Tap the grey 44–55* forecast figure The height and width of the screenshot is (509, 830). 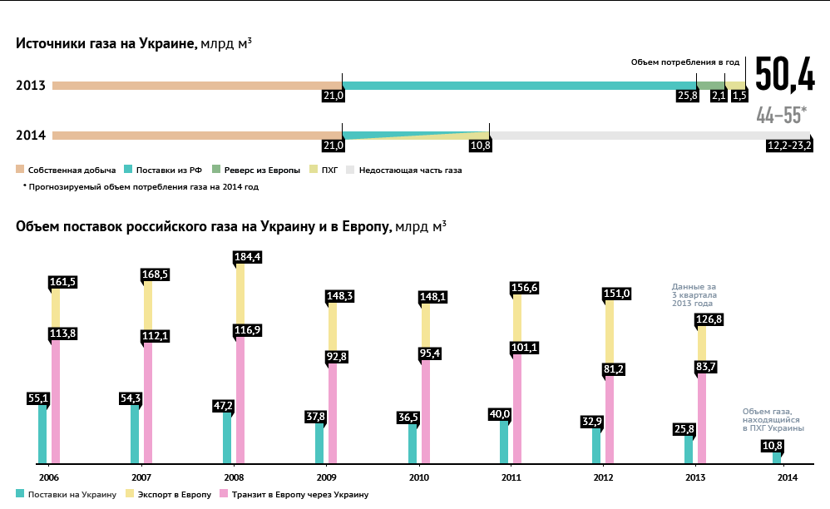[x=781, y=116]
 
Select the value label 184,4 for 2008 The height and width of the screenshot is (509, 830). [x=249, y=257]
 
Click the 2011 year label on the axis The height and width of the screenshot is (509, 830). [x=511, y=477]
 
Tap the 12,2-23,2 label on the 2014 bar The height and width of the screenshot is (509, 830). [x=789, y=146]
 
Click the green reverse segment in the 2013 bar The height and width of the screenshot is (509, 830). [x=711, y=85]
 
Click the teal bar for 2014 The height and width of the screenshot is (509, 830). [x=777, y=457]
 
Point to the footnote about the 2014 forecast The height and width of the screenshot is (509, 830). [x=141, y=187]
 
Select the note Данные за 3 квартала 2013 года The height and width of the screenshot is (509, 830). [x=694, y=294]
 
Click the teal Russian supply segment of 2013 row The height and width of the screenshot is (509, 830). [x=519, y=85]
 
